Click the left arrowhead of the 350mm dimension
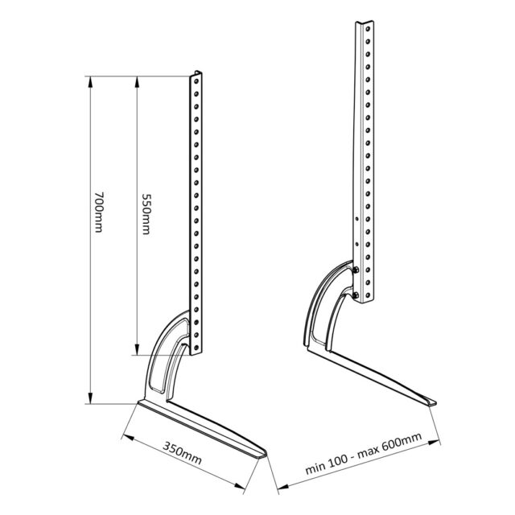coord(126,435)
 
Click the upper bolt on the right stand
coord(356,270)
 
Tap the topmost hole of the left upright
coord(196,80)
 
